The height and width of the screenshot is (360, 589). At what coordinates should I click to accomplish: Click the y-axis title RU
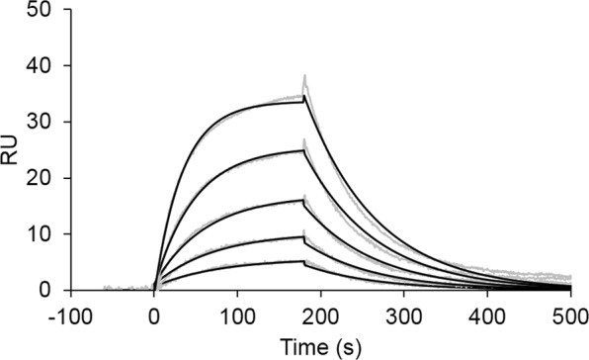(x=13, y=150)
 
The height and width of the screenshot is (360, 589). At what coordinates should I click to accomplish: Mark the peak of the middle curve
(x=303, y=200)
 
